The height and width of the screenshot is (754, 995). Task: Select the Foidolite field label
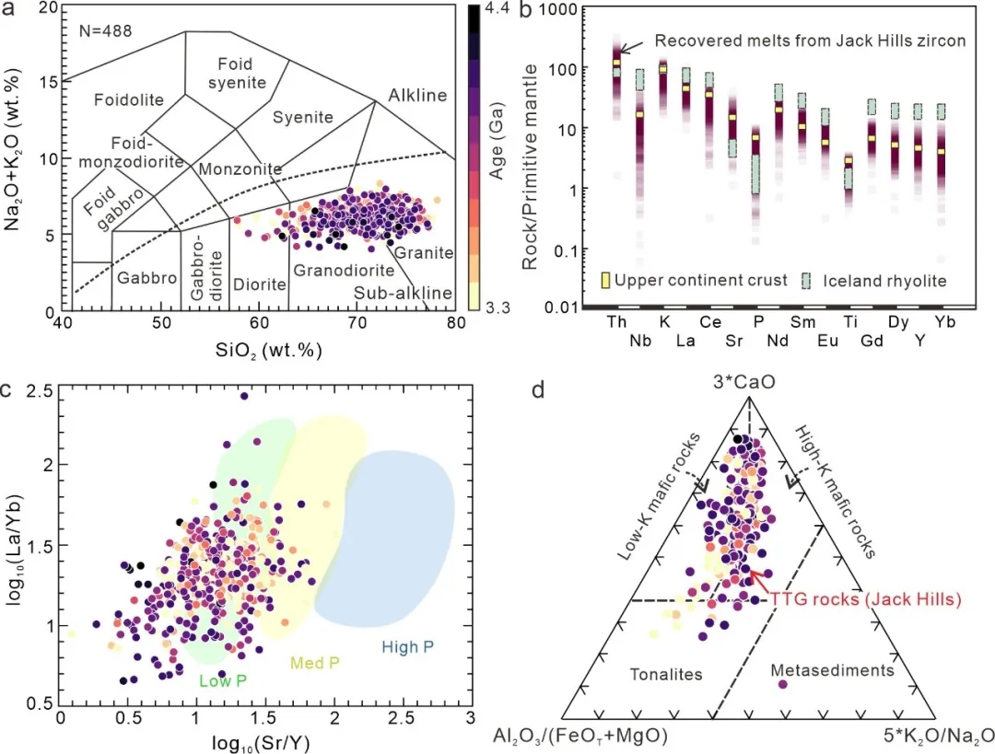click(124, 99)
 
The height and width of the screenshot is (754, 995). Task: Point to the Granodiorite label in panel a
click(344, 271)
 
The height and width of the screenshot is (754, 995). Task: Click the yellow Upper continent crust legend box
click(605, 280)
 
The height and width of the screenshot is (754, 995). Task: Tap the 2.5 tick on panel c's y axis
click(39, 390)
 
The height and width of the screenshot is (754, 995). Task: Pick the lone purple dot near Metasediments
click(783, 684)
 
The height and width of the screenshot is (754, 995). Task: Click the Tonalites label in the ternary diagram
click(667, 674)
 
